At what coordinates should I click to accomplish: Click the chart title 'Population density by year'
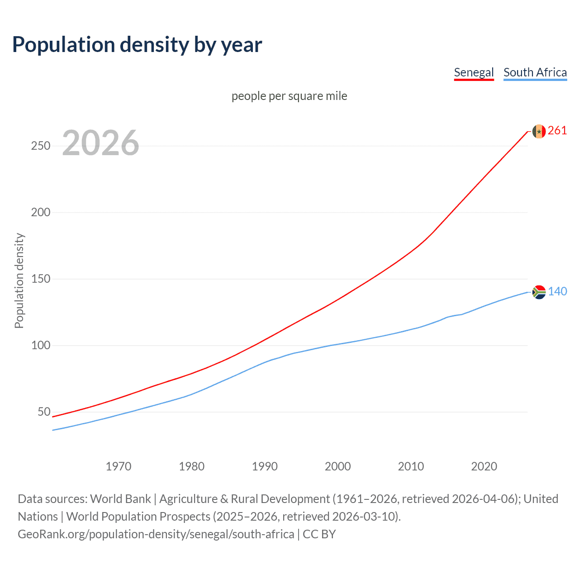tap(137, 45)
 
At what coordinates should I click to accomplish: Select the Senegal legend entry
tap(474, 72)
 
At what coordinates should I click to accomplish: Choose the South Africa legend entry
tap(535, 72)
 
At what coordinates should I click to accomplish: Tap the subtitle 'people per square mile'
tap(289, 96)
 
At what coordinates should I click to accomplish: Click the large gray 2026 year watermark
tap(100, 143)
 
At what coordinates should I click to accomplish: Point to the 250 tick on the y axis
tap(41, 146)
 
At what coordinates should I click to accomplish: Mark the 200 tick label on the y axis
tap(41, 213)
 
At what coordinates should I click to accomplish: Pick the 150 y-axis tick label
tap(41, 279)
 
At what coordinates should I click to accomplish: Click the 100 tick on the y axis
tap(41, 346)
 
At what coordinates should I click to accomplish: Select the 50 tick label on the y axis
tap(44, 412)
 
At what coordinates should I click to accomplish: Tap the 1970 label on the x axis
tap(119, 466)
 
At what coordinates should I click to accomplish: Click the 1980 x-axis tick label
tap(192, 466)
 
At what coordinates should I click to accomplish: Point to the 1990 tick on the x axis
tap(265, 466)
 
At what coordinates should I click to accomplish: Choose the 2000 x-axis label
tap(338, 466)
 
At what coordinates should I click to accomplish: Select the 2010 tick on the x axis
tap(411, 466)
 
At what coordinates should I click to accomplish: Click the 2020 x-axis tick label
tap(484, 466)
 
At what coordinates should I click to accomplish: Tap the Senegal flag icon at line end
tap(539, 131)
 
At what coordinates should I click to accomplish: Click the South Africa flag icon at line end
tap(539, 292)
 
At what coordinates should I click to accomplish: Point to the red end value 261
tap(557, 131)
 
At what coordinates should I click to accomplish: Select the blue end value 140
tap(557, 292)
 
